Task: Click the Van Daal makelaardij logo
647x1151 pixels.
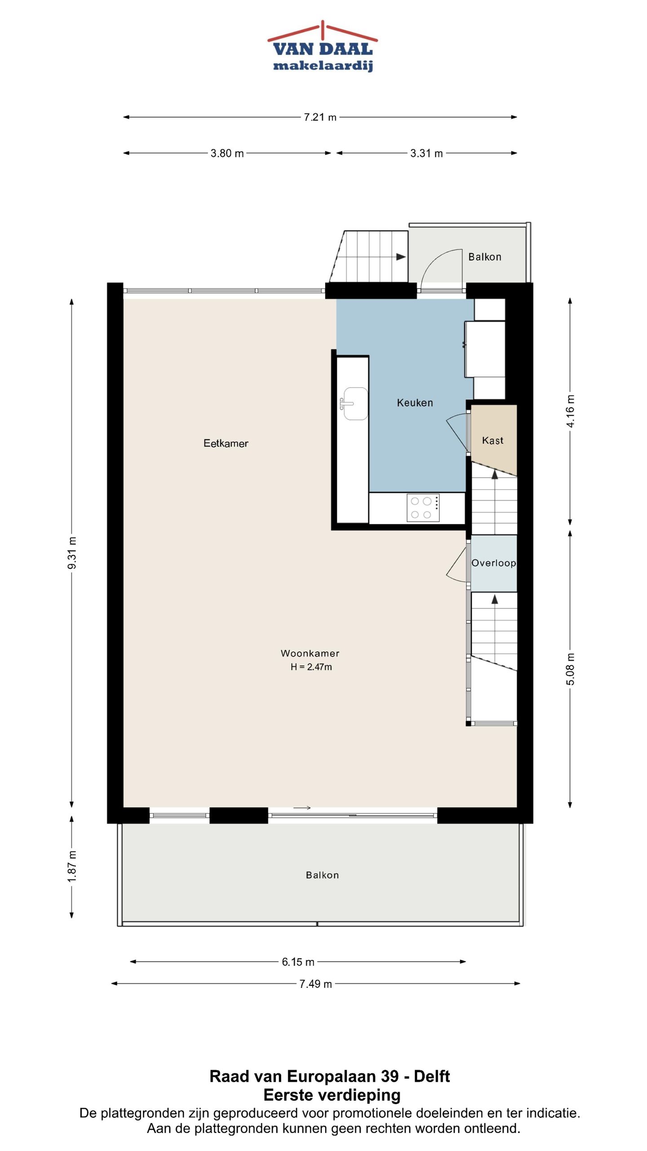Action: click(323, 46)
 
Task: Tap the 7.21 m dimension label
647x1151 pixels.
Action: click(320, 117)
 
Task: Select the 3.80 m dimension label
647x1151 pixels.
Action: click(227, 153)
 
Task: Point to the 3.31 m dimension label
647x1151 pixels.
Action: click(426, 153)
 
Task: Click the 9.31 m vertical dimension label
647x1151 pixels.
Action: click(72, 553)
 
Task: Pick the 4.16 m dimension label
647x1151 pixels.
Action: click(570, 411)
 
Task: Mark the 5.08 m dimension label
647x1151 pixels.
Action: click(570, 669)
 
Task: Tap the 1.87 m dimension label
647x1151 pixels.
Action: click(72, 866)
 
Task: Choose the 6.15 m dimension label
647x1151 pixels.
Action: click(298, 962)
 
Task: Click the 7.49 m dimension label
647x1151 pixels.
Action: click(315, 984)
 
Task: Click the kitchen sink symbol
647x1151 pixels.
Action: click(354, 403)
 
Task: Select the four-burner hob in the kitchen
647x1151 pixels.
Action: click(423, 508)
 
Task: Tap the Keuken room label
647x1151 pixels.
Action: click(415, 402)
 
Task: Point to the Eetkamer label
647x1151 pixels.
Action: click(226, 443)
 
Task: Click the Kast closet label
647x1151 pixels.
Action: click(492, 440)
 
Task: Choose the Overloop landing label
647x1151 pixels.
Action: click(493, 563)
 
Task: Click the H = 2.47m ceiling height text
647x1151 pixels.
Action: click(311, 667)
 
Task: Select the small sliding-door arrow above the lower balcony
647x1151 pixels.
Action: click(302, 808)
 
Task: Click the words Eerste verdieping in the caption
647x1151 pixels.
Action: click(332, 1095)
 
